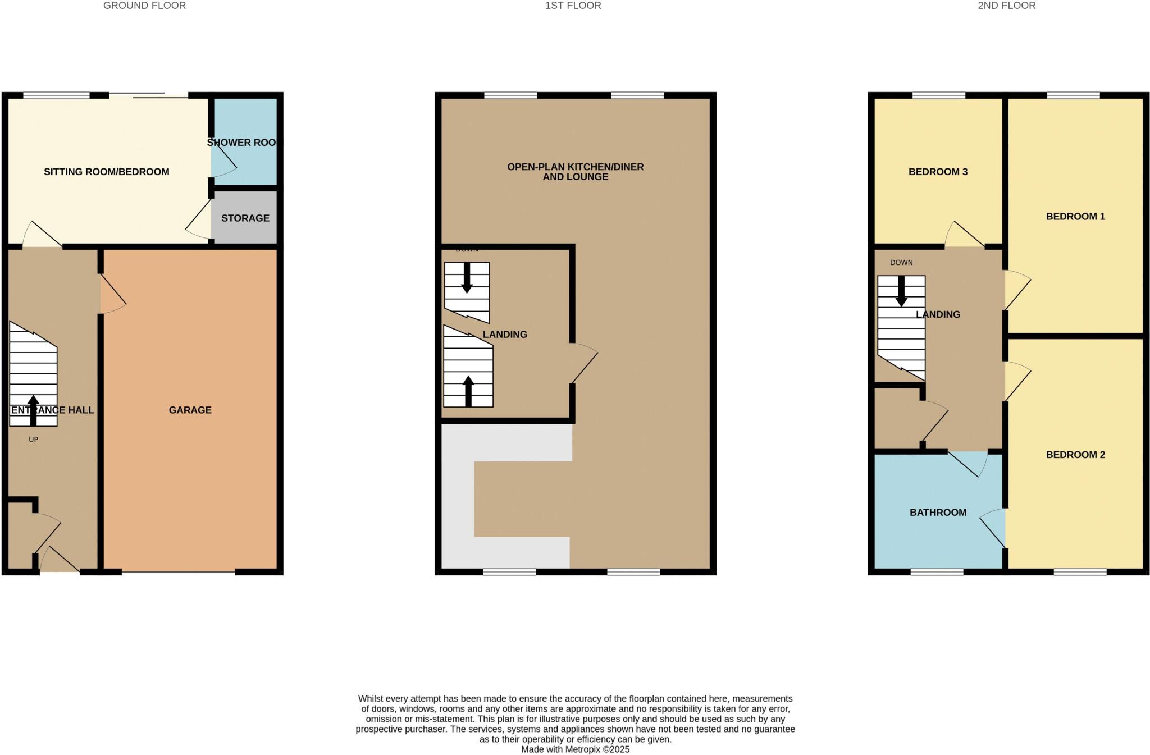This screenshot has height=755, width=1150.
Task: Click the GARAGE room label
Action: tap(190, 410)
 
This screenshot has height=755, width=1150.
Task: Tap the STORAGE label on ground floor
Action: tap(245, 218)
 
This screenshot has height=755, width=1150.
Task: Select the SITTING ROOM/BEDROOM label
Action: tap(106, 172)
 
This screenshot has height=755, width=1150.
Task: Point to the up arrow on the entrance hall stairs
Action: tap(33, 410)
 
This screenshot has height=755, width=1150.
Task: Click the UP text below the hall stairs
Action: tap(33, 440)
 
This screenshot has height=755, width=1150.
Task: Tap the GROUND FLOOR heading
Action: tap(144, 6)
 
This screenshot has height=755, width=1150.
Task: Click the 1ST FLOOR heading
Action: tap(573, 6)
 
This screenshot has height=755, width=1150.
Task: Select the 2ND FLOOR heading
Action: tap(1006, 6)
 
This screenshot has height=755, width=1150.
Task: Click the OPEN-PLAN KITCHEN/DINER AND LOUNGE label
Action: tap(575, 172)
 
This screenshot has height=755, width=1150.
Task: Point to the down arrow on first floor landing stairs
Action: tap(467, 278)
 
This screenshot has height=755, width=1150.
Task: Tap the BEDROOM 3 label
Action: tap(938, 172)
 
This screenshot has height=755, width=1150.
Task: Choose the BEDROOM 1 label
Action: tap(1075, 217)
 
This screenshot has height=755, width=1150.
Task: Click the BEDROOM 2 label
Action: tap(1075, 455)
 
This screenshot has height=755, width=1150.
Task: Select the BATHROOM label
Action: tap(938, 513)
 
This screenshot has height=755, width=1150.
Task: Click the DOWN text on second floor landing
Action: tap(901, 263)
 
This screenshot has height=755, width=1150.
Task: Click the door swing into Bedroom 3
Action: tap(964, 235)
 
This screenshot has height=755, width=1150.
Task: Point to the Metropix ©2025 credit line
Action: tap(575, 749)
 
